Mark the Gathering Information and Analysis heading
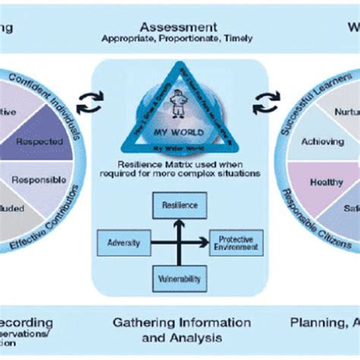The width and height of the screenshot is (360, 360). coord(179,329)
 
